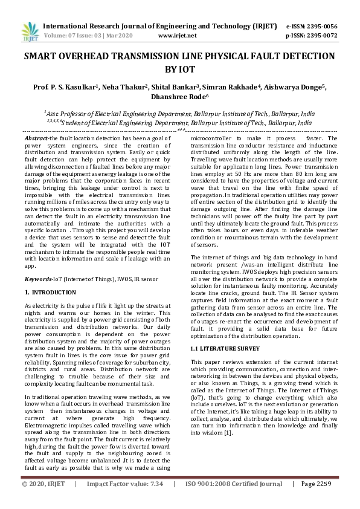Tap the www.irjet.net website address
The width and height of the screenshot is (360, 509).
(x=180, y=36)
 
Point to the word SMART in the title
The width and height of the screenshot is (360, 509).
(x=42, y=56)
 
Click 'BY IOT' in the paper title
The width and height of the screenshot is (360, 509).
(x=179, y=70)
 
